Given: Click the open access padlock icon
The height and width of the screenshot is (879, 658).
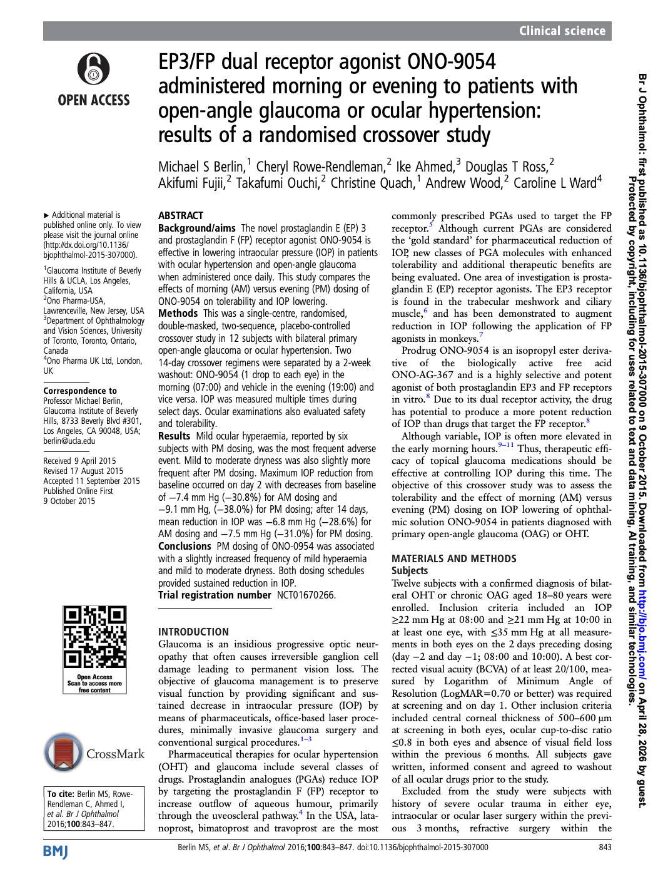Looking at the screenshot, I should coord(93,69).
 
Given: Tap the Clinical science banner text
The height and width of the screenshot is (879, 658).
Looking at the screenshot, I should coord(562,31).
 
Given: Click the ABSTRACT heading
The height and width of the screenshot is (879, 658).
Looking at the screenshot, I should coord(181,215).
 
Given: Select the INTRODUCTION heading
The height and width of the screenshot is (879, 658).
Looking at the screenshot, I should coord(193,632).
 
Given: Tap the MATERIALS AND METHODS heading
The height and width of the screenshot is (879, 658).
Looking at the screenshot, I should coord(453,558).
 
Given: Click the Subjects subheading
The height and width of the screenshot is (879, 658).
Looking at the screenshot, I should coord(410,570).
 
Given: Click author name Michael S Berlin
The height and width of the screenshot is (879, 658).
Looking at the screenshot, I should coord(201,167).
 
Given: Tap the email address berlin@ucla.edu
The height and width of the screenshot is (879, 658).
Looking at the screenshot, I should coord(69,441).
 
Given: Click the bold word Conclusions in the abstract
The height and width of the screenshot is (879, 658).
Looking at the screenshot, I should coord(185,546).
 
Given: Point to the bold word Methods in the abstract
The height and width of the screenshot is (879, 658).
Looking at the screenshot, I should coord(178,313).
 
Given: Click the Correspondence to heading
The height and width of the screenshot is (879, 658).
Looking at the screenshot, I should coord(80,391).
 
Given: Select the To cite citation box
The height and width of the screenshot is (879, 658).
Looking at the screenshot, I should coord(94,808).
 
